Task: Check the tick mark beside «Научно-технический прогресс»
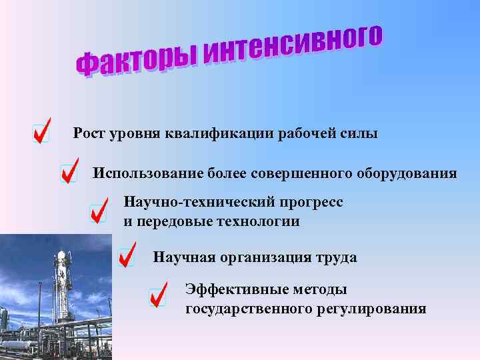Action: [98, 213]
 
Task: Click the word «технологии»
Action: [256, 221]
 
